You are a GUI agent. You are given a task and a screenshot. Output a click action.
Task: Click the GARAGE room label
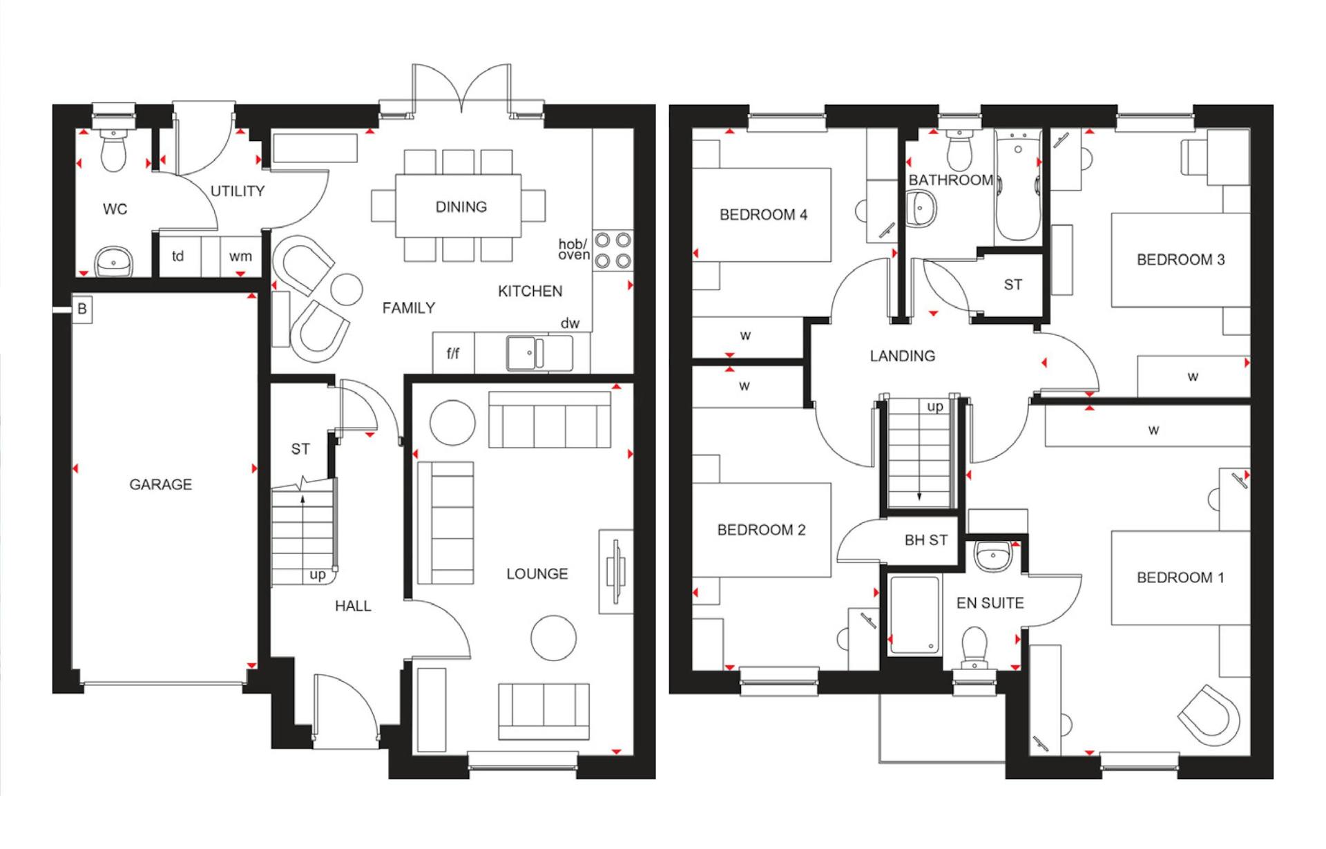[160, 484]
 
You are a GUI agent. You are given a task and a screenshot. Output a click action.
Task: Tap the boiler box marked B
[82, 308]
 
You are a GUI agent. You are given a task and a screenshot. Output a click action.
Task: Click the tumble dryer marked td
[178, 256]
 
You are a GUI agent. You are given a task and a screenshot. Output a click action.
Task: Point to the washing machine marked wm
[240, 256]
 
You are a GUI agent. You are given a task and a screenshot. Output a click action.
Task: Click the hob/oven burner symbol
[613, 251]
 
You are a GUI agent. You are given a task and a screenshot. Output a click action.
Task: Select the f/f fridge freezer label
[452, 354]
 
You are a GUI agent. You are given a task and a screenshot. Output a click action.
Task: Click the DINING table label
[461, 207]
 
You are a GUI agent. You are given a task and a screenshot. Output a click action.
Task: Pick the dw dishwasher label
[570, 323]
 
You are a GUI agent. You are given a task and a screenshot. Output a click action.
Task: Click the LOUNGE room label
[537, 573]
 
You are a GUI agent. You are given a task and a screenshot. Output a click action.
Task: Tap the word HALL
[353, 606]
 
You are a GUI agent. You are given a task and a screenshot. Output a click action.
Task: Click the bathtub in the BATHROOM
[1018, 187]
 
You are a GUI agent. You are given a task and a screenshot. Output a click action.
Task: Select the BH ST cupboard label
[925, 540]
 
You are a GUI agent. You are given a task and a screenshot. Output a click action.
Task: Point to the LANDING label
[902, 356]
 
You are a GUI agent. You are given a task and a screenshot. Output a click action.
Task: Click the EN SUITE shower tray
[914, 615]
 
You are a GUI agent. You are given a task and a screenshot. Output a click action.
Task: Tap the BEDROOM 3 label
[1180, 260]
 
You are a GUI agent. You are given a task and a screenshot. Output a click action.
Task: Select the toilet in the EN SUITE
[974, 645]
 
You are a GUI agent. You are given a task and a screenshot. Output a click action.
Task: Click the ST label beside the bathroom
[1012, 285]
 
